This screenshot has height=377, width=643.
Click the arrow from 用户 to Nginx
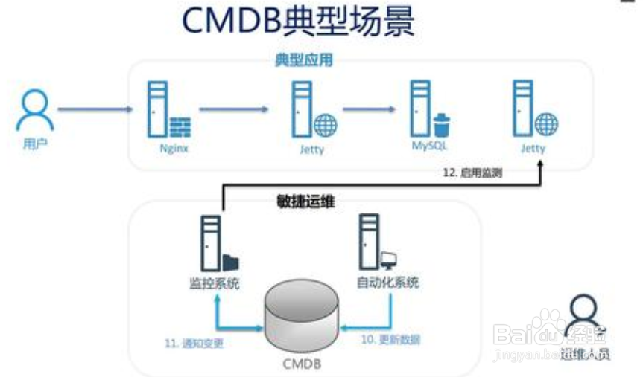click(x=95, y=110)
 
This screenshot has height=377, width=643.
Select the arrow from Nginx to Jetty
click(x=233, y=110)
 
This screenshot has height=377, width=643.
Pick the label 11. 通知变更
click(x=194, y=343)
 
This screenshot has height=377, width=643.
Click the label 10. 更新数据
click(x=390, y=340)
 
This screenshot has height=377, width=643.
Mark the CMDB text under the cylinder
click(x=304, y=364)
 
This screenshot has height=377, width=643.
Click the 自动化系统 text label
click(x=387, y=283)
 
